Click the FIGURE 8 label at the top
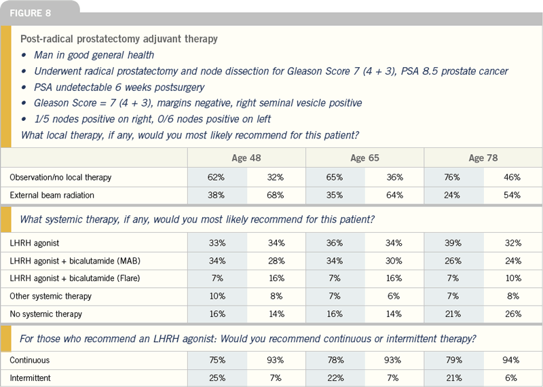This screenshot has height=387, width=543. tap(30, 13)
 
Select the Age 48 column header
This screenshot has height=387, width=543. tap(246, 158)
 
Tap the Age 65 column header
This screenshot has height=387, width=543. tap(364, 158)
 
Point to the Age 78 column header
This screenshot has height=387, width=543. tap(483, 158)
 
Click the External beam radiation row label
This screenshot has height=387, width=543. tap(52, 195)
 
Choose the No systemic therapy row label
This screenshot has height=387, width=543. tap(45, 314)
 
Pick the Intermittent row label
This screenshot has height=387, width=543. tap(30, 377)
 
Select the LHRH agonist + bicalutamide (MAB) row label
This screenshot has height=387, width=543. tap(75, 261)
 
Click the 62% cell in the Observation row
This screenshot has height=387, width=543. tap(216, 177)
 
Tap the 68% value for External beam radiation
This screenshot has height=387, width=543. tap(276, 195)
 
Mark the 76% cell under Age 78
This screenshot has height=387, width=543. tap(452, 177)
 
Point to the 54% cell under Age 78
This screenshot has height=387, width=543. tap(512, 195)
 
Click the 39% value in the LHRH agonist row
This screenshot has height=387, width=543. tap(453, 243)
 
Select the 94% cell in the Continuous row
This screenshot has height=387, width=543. tap(511, 360)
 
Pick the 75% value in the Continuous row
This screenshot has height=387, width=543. tap(217, 360)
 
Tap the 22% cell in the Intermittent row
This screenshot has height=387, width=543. tap(335, 377)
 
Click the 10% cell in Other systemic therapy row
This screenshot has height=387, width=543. tap(217, 296)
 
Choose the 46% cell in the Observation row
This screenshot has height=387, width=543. tap(512, 177)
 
